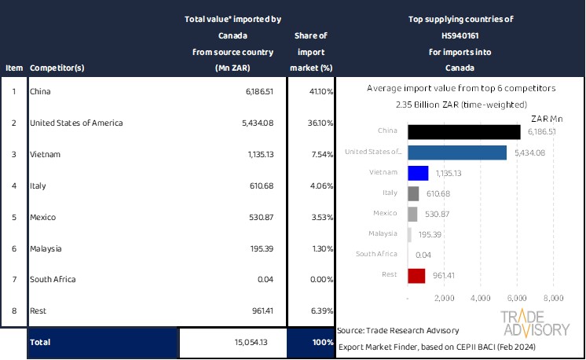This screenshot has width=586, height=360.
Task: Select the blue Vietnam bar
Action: [418, 173]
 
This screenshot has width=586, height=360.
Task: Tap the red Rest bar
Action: [416, 275]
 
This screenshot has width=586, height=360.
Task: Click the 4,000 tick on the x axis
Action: [480, 299]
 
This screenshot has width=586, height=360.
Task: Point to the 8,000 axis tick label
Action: [553, 299]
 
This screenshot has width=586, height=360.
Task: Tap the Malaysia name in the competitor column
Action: [47, 248]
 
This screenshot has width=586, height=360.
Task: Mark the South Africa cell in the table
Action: [53, 280]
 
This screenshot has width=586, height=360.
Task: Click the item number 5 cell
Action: [13, 217]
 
